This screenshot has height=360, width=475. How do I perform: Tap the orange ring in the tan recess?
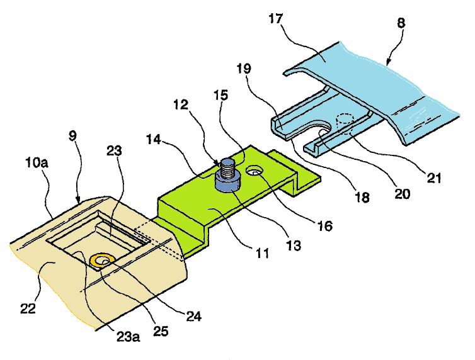pyautogui.click(x=102, y=259)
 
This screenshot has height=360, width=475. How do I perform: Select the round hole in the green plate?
pyautogui.click(x=257, y=171)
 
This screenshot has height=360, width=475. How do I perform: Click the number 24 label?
pyautogui.click(x=195, y=317)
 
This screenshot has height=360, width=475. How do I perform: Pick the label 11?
pyautogui.click(x=263, y=254)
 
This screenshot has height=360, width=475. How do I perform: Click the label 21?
pyautogui.click(x=433, y=178)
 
